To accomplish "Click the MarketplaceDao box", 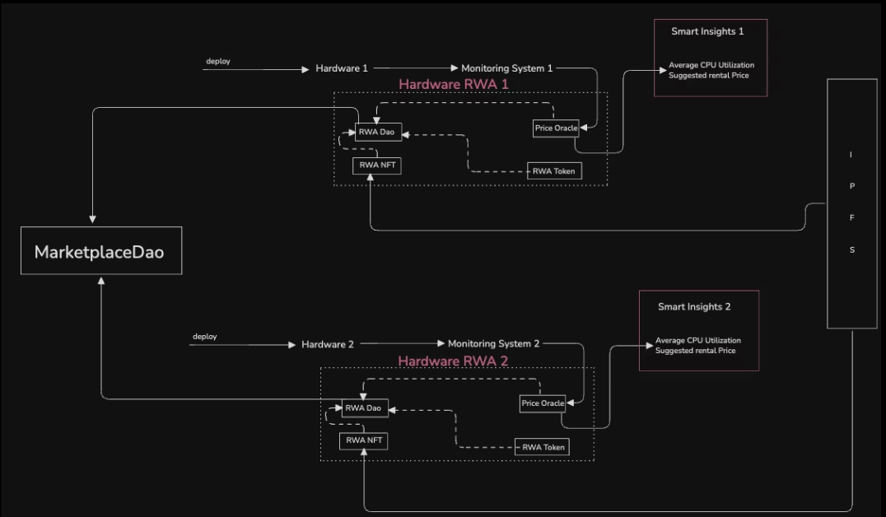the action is (101, 251).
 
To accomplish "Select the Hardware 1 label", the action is (341, 68).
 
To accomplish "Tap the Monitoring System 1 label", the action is (507, 68).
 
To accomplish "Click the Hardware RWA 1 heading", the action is (454, 84).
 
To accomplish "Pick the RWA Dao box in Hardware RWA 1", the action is (378, 132).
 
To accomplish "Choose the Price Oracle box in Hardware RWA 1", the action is (556, 128).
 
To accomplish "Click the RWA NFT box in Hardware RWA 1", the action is (377, 165).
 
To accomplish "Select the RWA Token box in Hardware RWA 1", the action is (553, 170).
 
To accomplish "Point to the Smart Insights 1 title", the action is (707, 31).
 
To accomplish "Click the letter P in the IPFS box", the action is (852, 186).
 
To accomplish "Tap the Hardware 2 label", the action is (327, 344).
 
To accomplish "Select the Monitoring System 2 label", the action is (493, 343).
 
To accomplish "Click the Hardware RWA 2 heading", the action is (453, 361).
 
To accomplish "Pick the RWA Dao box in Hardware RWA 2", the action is (365, 408).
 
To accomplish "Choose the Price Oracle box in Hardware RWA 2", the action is (543, 403).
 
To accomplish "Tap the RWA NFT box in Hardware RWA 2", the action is (363, 440).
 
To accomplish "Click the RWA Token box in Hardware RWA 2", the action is (542, 447).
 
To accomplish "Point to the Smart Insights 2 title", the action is (694, 307).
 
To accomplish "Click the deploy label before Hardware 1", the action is (218, 61).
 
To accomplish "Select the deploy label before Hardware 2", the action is (204, 336).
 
